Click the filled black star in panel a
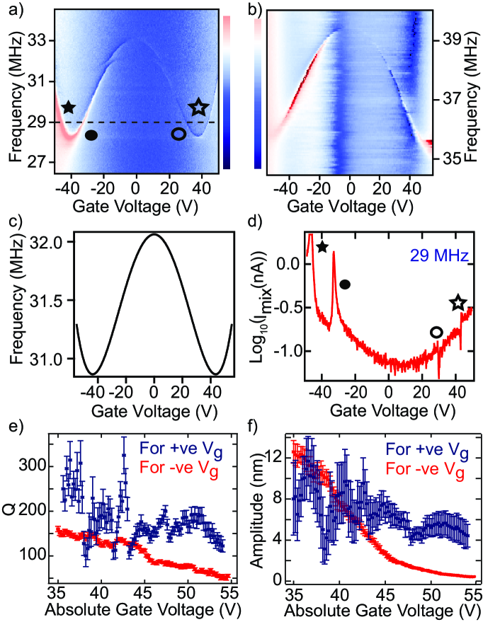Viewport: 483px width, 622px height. [x=68, y=108]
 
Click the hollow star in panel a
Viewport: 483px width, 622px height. [x=199, y=107]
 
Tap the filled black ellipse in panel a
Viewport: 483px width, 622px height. [x=91, y=134]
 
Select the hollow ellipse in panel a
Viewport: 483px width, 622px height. [x=179, y=134]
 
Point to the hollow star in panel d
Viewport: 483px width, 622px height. [x=458, y=302]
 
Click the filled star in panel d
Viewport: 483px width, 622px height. [x=322, y=247]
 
